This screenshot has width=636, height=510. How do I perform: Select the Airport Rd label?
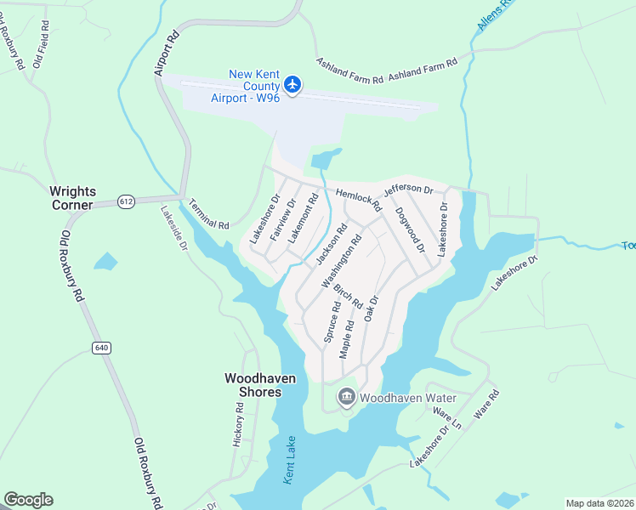click(x=168, y=53)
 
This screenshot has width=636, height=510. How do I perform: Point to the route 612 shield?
click(x=127, y=201)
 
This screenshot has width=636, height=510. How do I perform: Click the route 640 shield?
click(x=102, y=347)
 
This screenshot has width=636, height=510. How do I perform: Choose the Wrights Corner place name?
click(x=84, y=191)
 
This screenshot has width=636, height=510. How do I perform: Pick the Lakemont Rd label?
click(x=304, y=218)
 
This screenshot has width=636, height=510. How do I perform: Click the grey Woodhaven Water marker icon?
click(x=346, y=397)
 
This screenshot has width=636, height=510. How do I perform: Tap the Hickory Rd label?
click(x=239, y=424)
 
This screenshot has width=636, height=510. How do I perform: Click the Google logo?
click(x=28, y=500)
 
